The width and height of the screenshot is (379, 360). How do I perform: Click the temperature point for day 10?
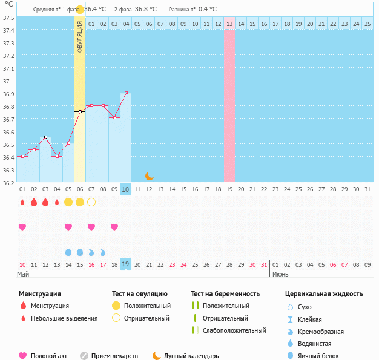125,93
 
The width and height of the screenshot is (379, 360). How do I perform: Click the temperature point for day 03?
45,137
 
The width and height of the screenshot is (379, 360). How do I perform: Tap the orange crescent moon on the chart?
149,175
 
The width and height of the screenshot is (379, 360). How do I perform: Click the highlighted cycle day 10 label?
125,189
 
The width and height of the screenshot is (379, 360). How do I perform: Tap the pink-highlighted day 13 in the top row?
229,24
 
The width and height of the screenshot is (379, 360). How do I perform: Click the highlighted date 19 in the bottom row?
125,264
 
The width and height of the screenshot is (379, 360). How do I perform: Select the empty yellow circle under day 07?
91,201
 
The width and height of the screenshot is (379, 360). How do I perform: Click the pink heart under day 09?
114,227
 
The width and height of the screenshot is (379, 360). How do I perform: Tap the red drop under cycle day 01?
22,202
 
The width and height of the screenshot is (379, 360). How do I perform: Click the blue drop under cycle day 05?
68,252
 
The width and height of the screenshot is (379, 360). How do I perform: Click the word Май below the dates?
23,275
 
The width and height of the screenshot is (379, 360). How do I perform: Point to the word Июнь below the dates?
280,275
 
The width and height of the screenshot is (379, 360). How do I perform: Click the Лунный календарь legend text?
193,356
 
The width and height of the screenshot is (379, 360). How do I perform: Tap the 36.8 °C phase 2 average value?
145,10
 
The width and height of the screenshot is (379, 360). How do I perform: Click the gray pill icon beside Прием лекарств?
84,356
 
